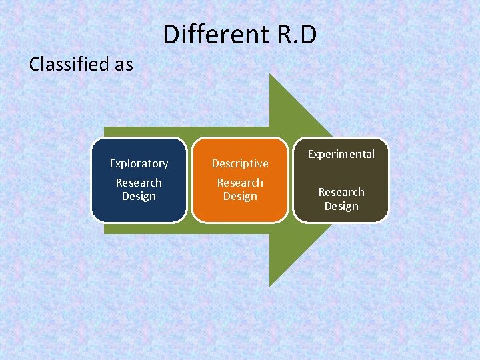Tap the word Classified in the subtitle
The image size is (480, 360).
69,65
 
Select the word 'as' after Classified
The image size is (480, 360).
123,65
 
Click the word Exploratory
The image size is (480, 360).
139,163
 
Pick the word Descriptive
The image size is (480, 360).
240,163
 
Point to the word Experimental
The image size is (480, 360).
341,154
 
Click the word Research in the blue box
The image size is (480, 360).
139,183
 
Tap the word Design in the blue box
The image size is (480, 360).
139,196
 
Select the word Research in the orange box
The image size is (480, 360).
240,183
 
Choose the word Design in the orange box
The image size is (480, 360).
240,196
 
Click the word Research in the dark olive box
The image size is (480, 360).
341,192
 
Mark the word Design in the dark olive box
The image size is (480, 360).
341,206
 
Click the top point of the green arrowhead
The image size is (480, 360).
269,74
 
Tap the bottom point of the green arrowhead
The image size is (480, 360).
269,286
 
